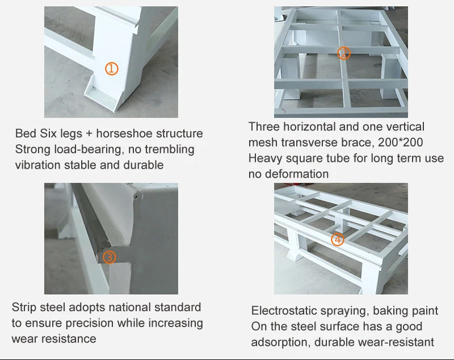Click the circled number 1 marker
pos(111,69)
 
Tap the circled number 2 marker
pos(344,53)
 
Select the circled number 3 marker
pos(110,257)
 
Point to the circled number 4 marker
pos(338,240)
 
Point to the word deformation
pos(297,174)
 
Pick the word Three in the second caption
pos(264,127)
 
